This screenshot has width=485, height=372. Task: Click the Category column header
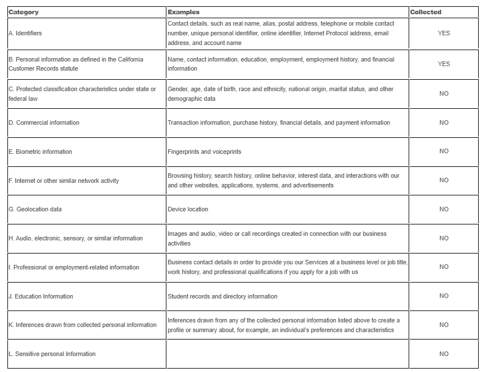23,12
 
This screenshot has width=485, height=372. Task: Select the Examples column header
184,12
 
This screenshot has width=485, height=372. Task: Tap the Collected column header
426,12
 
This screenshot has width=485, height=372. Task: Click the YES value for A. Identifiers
444,33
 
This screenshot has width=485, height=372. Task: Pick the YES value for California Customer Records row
444,64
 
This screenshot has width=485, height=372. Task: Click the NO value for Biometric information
444,151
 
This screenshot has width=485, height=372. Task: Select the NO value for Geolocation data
444,209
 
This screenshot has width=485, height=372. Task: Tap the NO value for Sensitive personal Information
444,354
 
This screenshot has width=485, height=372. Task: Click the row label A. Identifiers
25,33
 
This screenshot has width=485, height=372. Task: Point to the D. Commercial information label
44,122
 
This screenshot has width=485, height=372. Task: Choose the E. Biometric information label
40,152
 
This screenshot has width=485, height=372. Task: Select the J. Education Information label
40,296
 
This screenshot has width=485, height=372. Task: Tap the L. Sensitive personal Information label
52,354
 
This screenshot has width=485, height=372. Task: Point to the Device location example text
188,209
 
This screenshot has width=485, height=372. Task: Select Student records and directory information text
222,296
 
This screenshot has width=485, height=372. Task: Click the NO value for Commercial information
444,122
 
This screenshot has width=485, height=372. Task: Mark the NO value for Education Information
444,296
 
